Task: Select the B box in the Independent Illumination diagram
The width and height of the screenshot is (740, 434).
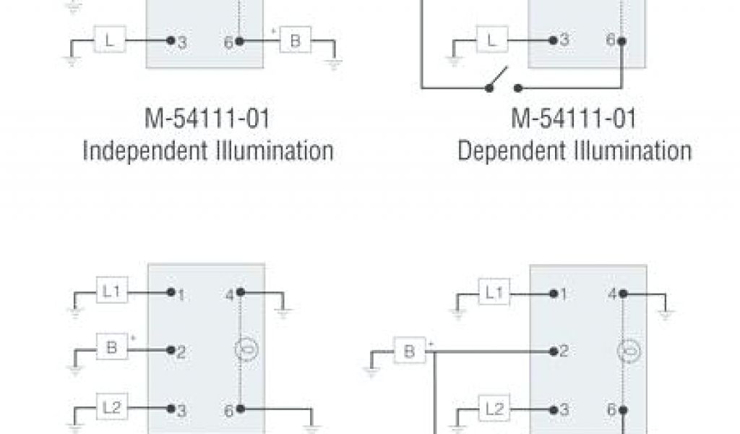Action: coord(295,42)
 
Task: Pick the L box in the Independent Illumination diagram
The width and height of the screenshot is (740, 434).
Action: coord(109,42)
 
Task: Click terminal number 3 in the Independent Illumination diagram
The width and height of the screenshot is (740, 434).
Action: coord(182,43)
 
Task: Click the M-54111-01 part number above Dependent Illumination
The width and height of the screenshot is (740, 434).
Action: coord(575,119)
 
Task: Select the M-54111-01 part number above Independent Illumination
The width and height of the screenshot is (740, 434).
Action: coord(207,119)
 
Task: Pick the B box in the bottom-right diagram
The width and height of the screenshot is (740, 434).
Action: coord(409,352)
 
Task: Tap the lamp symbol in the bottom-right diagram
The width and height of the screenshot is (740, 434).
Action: coord(626,352)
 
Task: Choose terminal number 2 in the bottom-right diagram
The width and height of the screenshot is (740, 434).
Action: coord(564,352)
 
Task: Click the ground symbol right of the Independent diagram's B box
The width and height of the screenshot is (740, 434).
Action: coord(333,63)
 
